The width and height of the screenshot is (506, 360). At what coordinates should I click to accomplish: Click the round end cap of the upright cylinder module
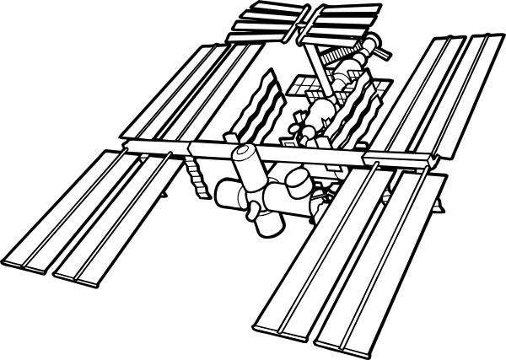245,154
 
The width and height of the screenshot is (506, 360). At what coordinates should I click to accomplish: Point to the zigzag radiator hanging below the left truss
196,175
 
